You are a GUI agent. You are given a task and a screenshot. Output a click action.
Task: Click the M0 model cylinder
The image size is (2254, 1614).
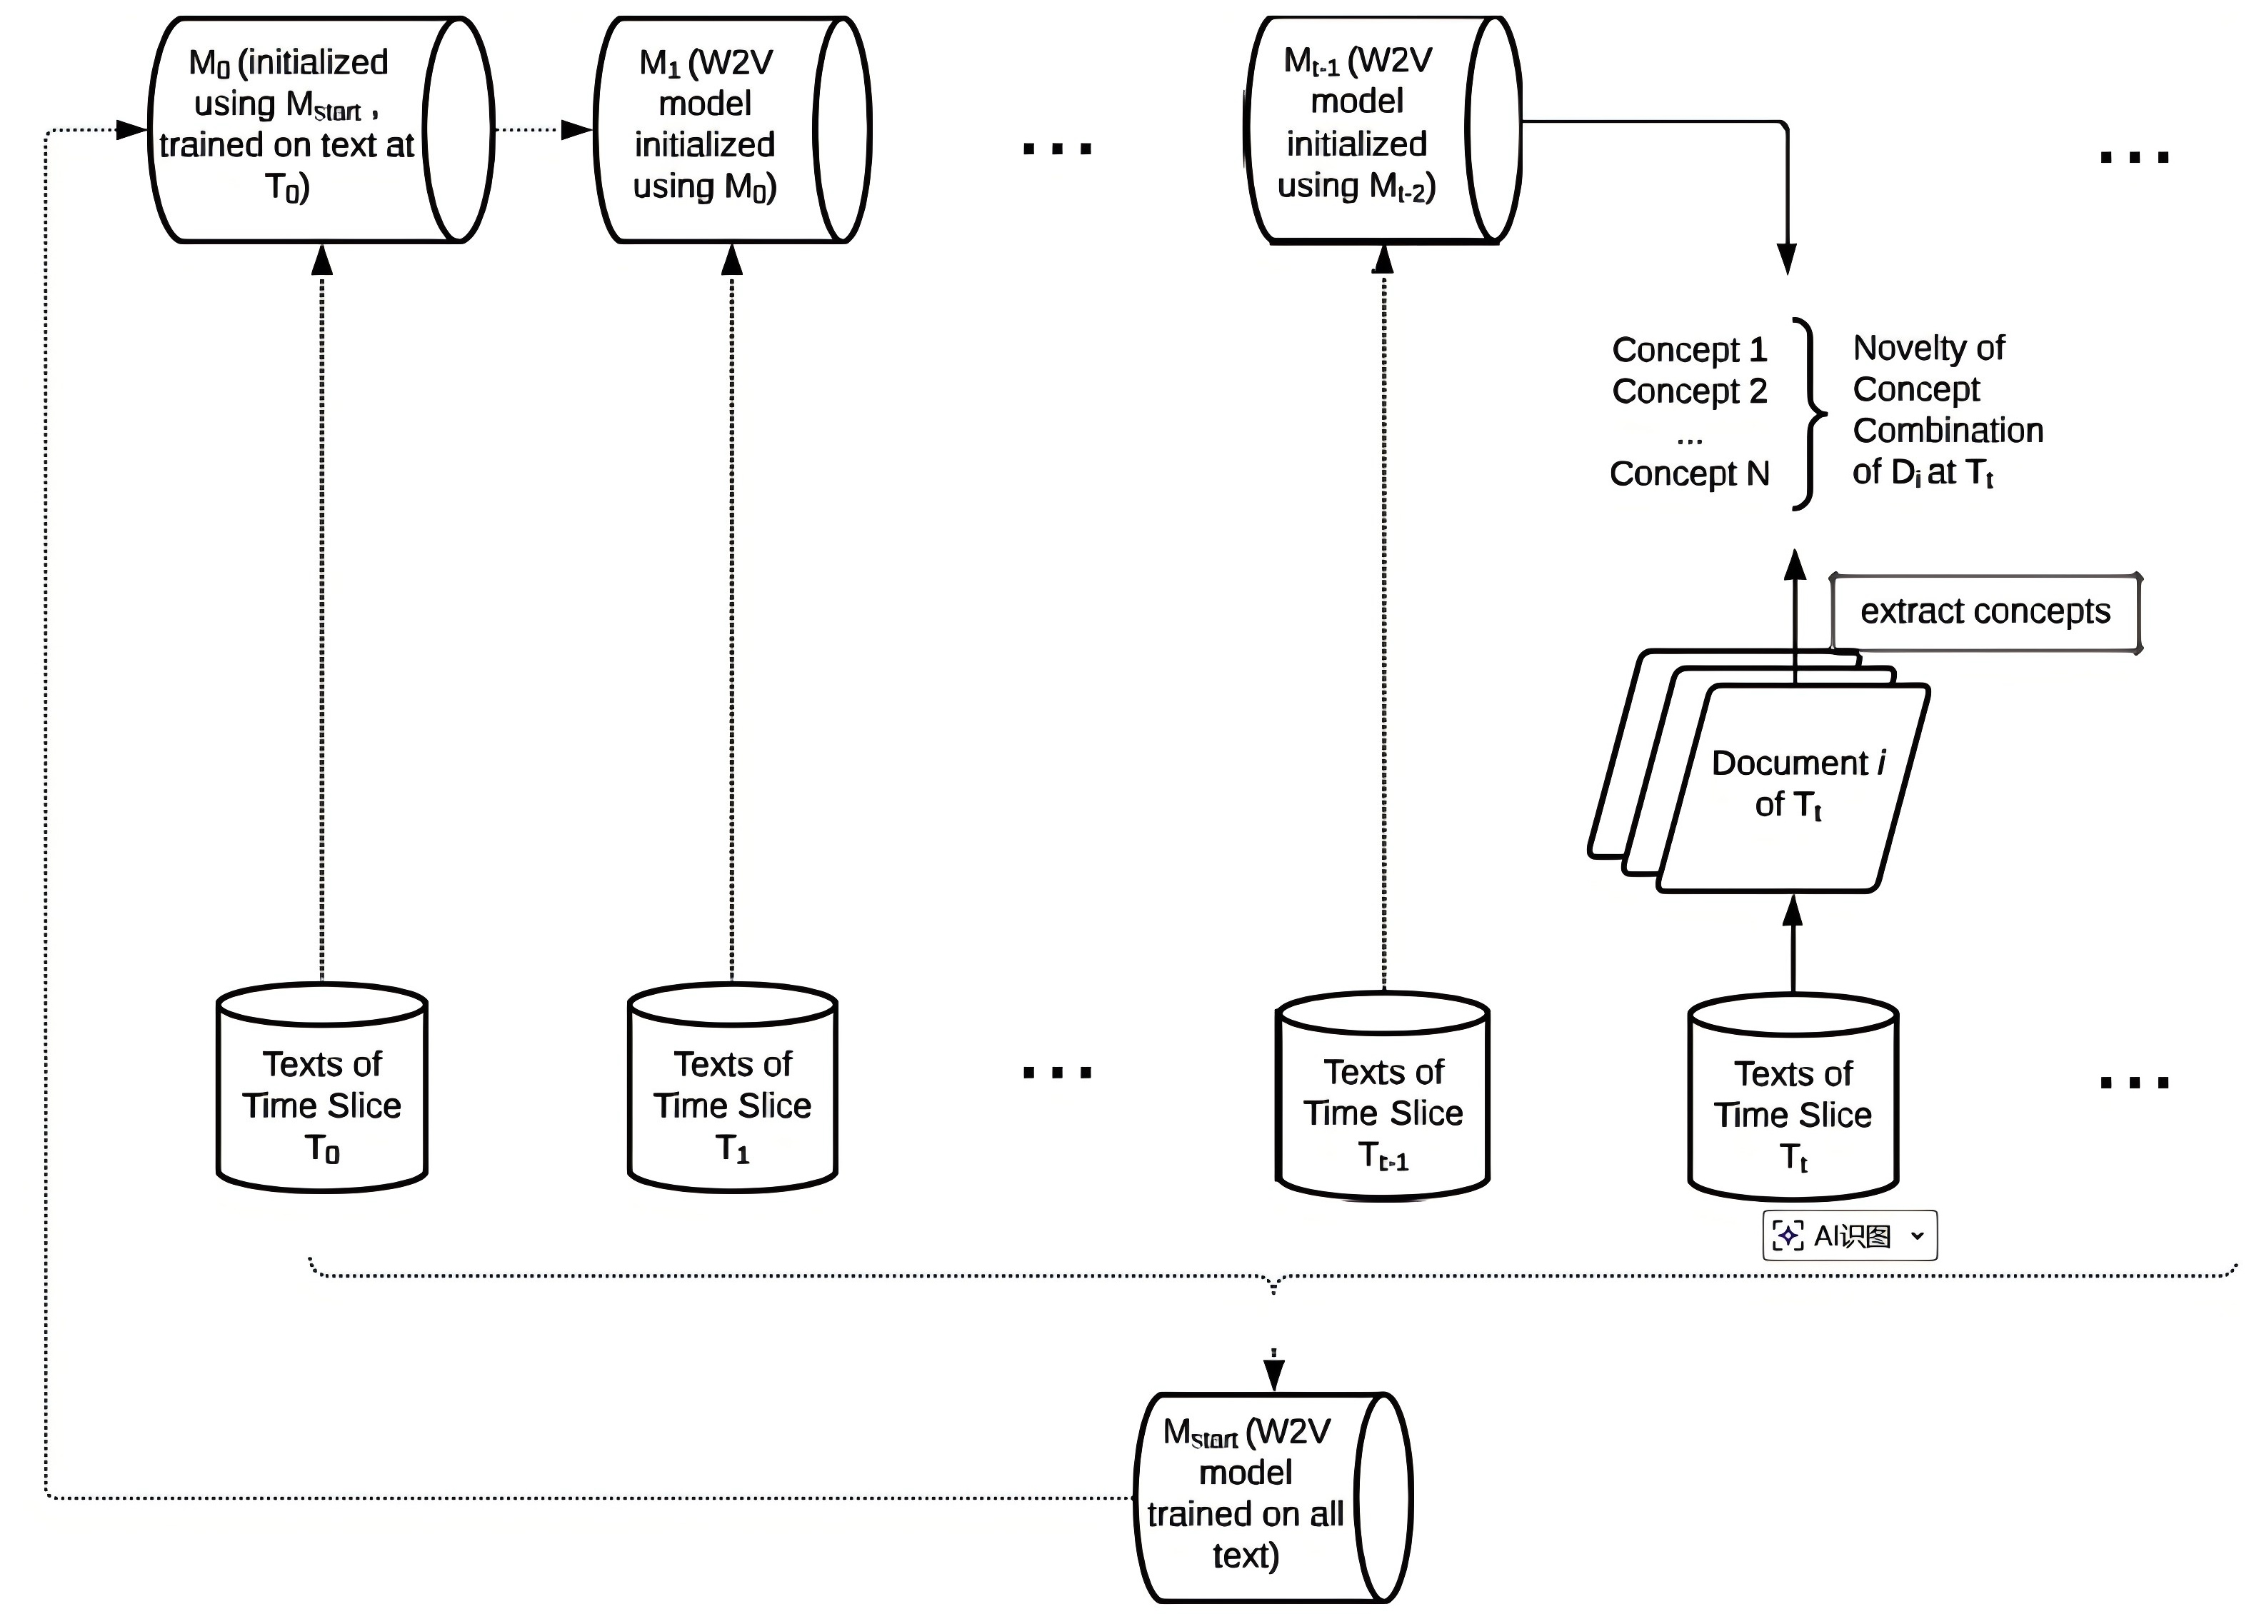tap(320, 129)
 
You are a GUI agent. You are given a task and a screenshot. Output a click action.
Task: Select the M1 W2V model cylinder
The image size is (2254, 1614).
tap(733, 129)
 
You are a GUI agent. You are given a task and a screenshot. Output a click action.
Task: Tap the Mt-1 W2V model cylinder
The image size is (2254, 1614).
tap(1383, 129)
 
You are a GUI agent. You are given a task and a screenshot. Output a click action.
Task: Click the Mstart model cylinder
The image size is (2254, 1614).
tap(1273, 1497)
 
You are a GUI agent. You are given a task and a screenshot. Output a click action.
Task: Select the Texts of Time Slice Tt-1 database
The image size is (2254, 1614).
tap(1383, 1096)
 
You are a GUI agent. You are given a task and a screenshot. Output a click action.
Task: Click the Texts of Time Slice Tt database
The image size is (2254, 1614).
tap(1793, 1097)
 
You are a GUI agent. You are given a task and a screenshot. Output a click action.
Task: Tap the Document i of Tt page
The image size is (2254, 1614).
tap(1794, 787)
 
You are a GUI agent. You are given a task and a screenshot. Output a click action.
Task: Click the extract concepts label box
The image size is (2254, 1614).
tap(1985, 612)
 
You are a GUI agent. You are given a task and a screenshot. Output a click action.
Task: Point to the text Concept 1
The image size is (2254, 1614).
tap(1690, 350)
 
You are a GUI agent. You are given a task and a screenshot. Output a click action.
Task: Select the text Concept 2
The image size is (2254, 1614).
tap(1690, 391)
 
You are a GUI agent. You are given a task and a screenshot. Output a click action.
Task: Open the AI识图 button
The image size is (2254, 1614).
tap(1850, 1235)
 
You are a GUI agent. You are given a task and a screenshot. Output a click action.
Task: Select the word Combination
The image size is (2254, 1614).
tap(1948, 431)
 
